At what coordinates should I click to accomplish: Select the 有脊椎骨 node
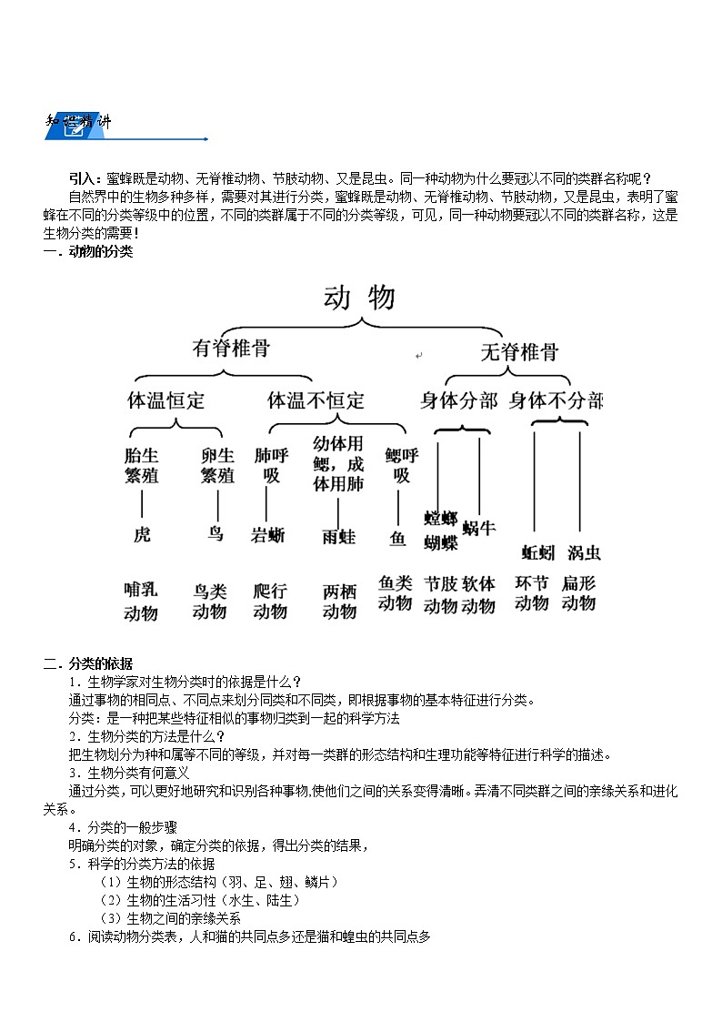tap(231, 349)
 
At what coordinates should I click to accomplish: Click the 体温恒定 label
tap(166, 400)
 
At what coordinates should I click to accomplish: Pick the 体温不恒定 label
tap(316, 400)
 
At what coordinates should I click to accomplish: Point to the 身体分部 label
tap(458, 400)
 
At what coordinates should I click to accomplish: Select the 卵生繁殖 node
tap(217, 465)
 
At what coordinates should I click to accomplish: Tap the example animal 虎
tap(142, 534)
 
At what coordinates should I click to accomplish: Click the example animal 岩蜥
tap(267, 535)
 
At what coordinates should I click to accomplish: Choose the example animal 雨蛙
tap(338, 536)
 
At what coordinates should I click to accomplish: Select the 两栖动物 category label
tap(339, 601)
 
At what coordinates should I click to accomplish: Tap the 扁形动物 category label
tap(578, 592)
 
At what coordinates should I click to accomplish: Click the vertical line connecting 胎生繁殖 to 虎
tap(142, 504)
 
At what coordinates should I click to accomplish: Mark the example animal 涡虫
tap(583, 552)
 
